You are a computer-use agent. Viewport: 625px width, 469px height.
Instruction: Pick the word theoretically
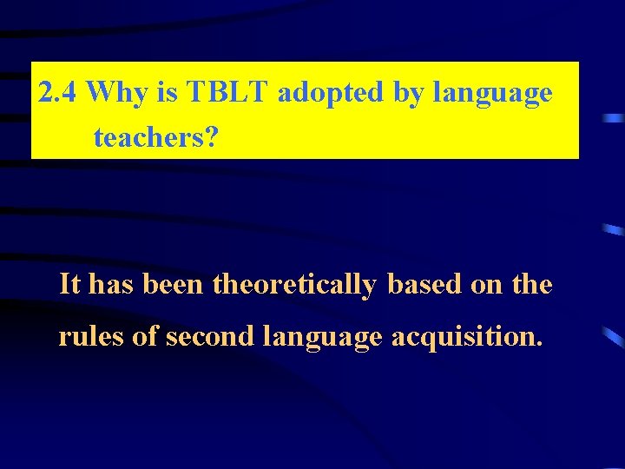295,285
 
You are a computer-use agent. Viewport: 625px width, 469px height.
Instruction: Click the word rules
91,337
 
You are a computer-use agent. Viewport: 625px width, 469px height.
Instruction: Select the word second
209,337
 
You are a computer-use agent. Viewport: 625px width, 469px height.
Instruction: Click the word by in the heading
408,93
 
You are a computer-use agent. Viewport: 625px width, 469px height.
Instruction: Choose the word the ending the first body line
533,284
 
